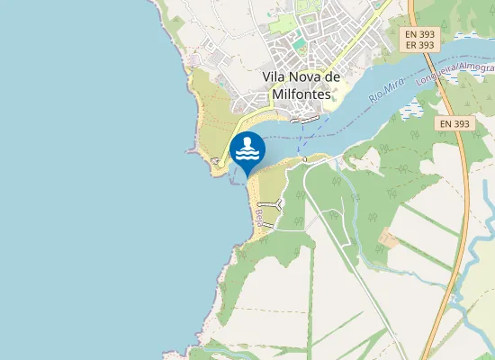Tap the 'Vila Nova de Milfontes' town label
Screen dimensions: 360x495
[x=297, y=85]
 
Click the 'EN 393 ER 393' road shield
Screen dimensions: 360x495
[x=419, y=39]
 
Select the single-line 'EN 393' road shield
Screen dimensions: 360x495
[x=458, y=123]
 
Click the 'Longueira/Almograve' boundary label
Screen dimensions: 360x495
[x=454, y=74]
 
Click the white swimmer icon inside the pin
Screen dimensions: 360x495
[x=247, y=149]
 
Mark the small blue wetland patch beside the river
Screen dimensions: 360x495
[x=410, y=111]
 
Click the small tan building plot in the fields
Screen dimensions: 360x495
[x=389, y=238]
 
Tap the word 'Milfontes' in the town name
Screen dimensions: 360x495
[x=297, y=93]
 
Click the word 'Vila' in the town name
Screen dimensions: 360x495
[x=274, y=76]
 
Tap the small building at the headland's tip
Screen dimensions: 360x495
[x=214, y=161]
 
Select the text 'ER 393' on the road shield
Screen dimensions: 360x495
[x=419, y=44]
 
